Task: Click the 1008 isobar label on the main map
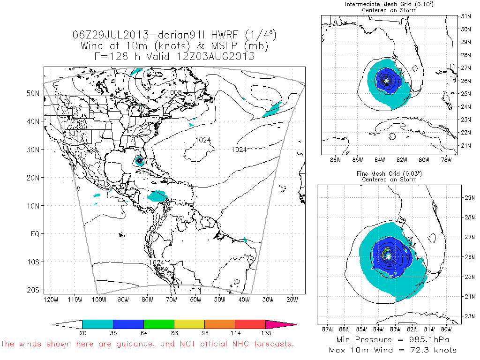click(x=174, y=92)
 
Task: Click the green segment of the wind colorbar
click(x=159, y=324)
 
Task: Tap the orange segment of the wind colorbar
click(x=220, y=324)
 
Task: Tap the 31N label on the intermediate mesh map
click(x=465, y=15)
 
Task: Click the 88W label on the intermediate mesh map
click(x=334, y=160)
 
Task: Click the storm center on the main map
click(x=140, y=161)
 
